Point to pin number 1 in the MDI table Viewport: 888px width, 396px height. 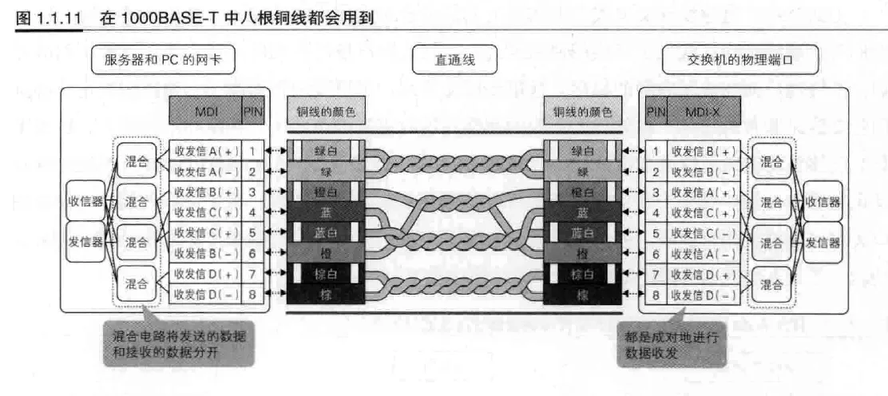point(252,150)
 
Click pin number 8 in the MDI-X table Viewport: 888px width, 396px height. point(656,295)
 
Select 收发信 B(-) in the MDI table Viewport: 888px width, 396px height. point(204,254)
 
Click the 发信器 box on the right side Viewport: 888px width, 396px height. point(822,243)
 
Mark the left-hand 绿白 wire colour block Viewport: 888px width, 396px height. point(323,150)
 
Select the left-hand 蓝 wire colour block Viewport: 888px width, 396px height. point(323,212)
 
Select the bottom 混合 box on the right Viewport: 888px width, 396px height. point(770,284)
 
